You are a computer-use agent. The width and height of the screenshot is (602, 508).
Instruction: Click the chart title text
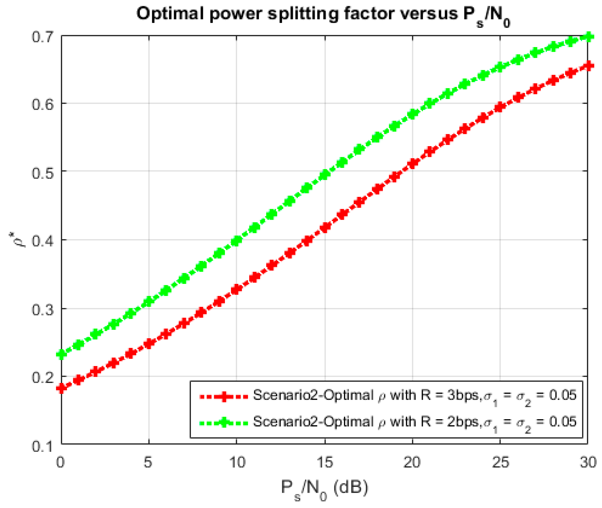tap(323, 14)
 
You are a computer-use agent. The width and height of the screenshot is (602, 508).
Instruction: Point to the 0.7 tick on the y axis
tap(42, 37)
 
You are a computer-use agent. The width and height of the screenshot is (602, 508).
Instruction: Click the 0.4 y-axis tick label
tap(42, 240)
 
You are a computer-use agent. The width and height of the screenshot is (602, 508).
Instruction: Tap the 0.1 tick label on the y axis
tap(42, 446)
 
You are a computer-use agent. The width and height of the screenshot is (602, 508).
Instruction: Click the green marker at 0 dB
tap(62, 354)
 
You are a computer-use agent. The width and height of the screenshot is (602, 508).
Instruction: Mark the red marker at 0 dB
tap(62, 388)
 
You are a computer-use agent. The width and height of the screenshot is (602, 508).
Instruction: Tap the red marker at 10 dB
tap(236, 289)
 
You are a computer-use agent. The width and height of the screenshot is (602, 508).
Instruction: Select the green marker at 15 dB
tap(325, 175)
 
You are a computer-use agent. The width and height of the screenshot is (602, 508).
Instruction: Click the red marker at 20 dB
tap(413, 163)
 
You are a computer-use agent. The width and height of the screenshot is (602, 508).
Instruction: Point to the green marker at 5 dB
tap(149, 301)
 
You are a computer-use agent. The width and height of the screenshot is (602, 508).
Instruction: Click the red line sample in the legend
tap(224, 397)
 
